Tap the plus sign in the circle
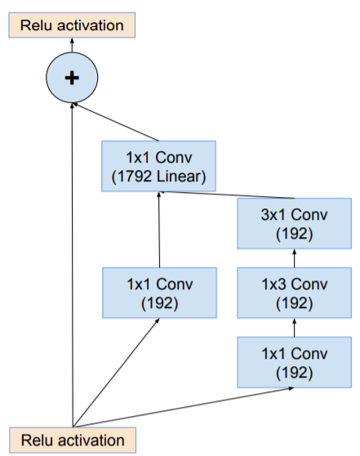coord(71,78)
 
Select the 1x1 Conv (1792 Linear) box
coord(159,165)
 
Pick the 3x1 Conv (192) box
coord(293,223)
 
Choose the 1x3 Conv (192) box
coord(293,293)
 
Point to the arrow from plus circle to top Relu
coord(71,45)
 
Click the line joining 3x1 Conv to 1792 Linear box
coord(229,194)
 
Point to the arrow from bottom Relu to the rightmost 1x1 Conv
coord(188,406)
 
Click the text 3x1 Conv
coord(293,215)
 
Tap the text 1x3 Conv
coord(293,284)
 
